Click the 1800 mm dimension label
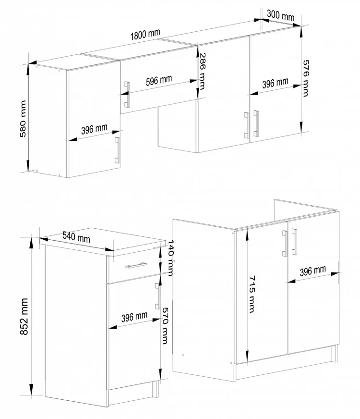[145, 34]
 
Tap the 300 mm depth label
[280, 15]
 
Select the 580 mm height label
[23, 119]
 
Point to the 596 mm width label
[159, 80]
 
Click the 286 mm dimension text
[202, 71]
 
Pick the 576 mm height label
[306, 78]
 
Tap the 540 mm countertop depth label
[76, 236]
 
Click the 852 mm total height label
[24, 316]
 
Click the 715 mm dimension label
[252, 294]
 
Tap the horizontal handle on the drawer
[136, 265]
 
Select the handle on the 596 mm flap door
[127, 95]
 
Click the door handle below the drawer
[158, 296]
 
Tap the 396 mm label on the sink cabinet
[313, 271]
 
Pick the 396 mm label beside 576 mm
[275, 83]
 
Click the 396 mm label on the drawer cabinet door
[134, 317]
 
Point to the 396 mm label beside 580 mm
[94, 129]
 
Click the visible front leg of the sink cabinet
[334, 354]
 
